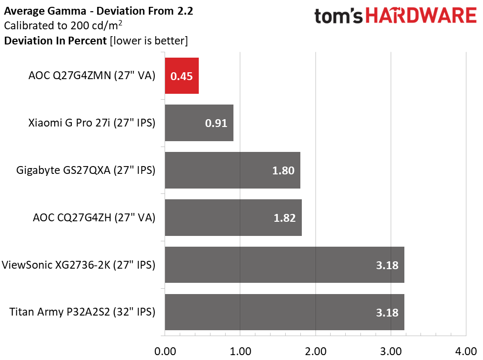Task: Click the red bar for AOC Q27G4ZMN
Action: (x=182, y=76)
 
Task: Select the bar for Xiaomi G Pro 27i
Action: (x=199, y=123)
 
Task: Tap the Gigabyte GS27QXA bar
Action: (x=232, y=170)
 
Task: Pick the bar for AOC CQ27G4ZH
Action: (x=233, y=217)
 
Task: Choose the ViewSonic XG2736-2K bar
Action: (x=284, y=265)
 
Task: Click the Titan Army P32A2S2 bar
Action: (x=284, y=312)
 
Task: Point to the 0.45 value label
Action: (x=181, y=76)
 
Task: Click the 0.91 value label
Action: (x=216, y=123)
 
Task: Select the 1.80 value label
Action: (x=283, y=170)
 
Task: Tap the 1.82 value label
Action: (x=284, y=218)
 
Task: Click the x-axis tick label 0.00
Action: (x=165, y=351)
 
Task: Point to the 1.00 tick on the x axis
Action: (x=240, y=351)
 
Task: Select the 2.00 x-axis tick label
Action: (x=315, y=351)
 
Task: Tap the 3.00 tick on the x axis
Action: (x=391, y=351)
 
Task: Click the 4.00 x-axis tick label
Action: (x=466, y=351)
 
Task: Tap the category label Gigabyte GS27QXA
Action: (x=85, y=170)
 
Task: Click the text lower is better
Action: (x=149, y=41)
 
